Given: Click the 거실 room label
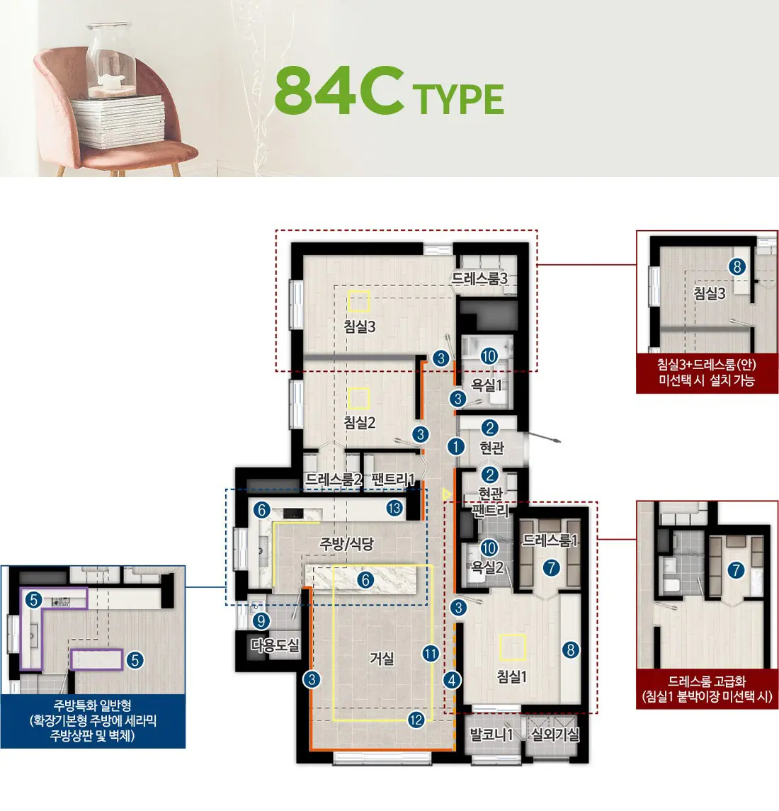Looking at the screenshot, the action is point(382,659).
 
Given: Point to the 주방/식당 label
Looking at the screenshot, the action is point(346,543).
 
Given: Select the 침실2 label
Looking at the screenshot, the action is point(360,423).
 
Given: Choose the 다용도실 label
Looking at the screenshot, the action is point(275,645).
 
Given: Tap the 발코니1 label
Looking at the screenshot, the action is point(491,734).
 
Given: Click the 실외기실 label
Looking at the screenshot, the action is point(555,734).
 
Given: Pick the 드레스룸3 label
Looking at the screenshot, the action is point(479,278).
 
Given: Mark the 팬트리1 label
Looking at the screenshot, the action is point(392,479).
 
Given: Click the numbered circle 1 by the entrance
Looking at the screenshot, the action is point(455,446).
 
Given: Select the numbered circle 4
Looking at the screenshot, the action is point(452,680).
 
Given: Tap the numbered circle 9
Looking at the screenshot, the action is point(261,620).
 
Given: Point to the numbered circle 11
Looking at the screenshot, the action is point(431,654).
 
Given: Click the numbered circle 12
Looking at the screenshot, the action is point(416,720).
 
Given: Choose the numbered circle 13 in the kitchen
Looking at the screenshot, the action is point(394,508).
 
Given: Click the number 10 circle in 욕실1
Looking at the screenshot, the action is point(489,356).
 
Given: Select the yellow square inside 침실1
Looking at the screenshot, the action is point(513,647).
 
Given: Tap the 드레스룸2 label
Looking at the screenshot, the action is point(334,479).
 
